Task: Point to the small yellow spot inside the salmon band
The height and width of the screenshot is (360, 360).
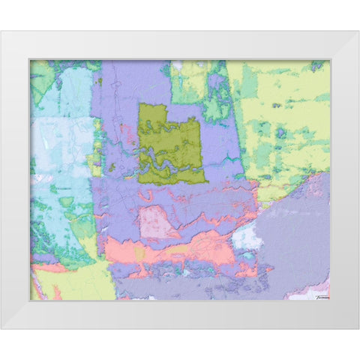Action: pos(139,254)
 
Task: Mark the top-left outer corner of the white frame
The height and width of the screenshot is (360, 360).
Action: pos(1,31)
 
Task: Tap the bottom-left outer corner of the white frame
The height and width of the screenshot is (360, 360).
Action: pos(1,328)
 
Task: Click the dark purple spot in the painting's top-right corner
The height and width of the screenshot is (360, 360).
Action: pos(318,65)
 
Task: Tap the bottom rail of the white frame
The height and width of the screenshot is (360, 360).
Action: pos(180,315)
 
